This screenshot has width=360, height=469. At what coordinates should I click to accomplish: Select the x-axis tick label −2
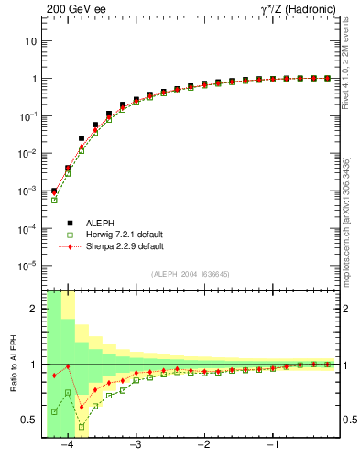(203, 445)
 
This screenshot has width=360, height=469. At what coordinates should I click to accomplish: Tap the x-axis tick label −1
(272, 445)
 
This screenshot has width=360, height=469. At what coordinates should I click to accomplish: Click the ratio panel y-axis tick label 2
(34, 309)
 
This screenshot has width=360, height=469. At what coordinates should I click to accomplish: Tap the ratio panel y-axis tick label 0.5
(30, 420)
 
